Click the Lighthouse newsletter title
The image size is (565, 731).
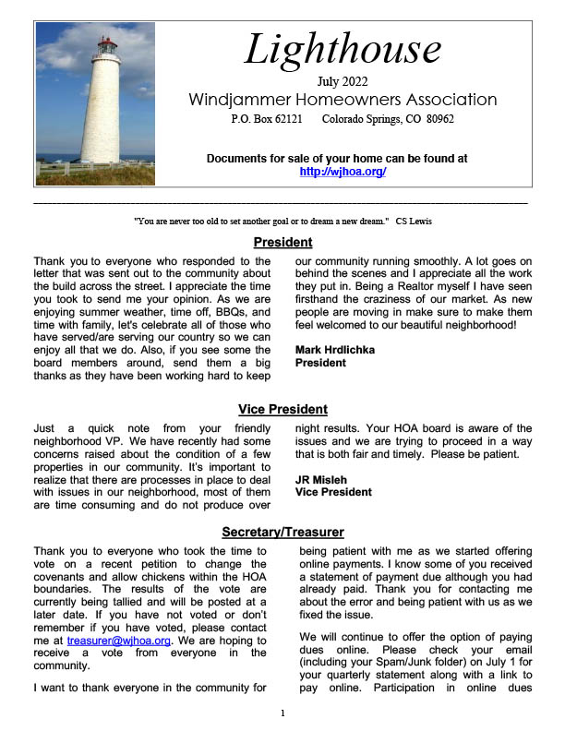(343, 49)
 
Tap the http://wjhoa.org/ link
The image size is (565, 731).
(343, 172)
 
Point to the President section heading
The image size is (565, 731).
(282, 244)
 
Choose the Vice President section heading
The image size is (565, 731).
(282, 410)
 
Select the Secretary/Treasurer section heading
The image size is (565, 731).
(282, 533)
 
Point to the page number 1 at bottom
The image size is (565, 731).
(283, 713)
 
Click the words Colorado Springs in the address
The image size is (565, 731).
(363, 120)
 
